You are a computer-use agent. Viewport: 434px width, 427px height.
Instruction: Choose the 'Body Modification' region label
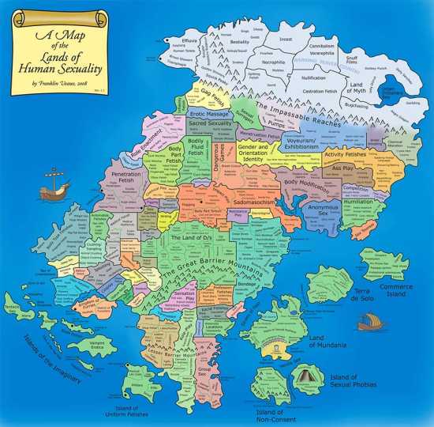point(309,183)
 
